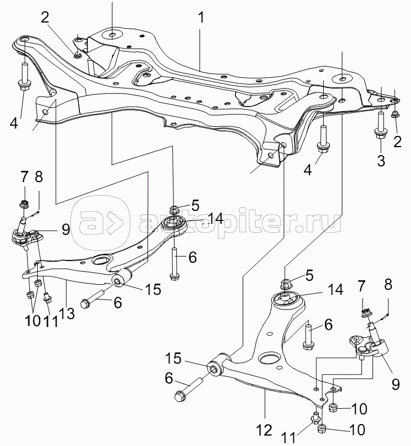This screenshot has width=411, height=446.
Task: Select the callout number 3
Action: [381, 161]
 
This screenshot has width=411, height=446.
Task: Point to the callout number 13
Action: [66, 314]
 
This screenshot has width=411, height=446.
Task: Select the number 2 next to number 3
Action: [397, 142]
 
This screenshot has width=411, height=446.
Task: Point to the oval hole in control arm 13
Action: [102, 260]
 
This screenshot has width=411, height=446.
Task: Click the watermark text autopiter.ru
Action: [236, 222]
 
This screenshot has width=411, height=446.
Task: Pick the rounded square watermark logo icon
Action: [99, 222]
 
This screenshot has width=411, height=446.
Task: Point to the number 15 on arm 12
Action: [174, 358]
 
